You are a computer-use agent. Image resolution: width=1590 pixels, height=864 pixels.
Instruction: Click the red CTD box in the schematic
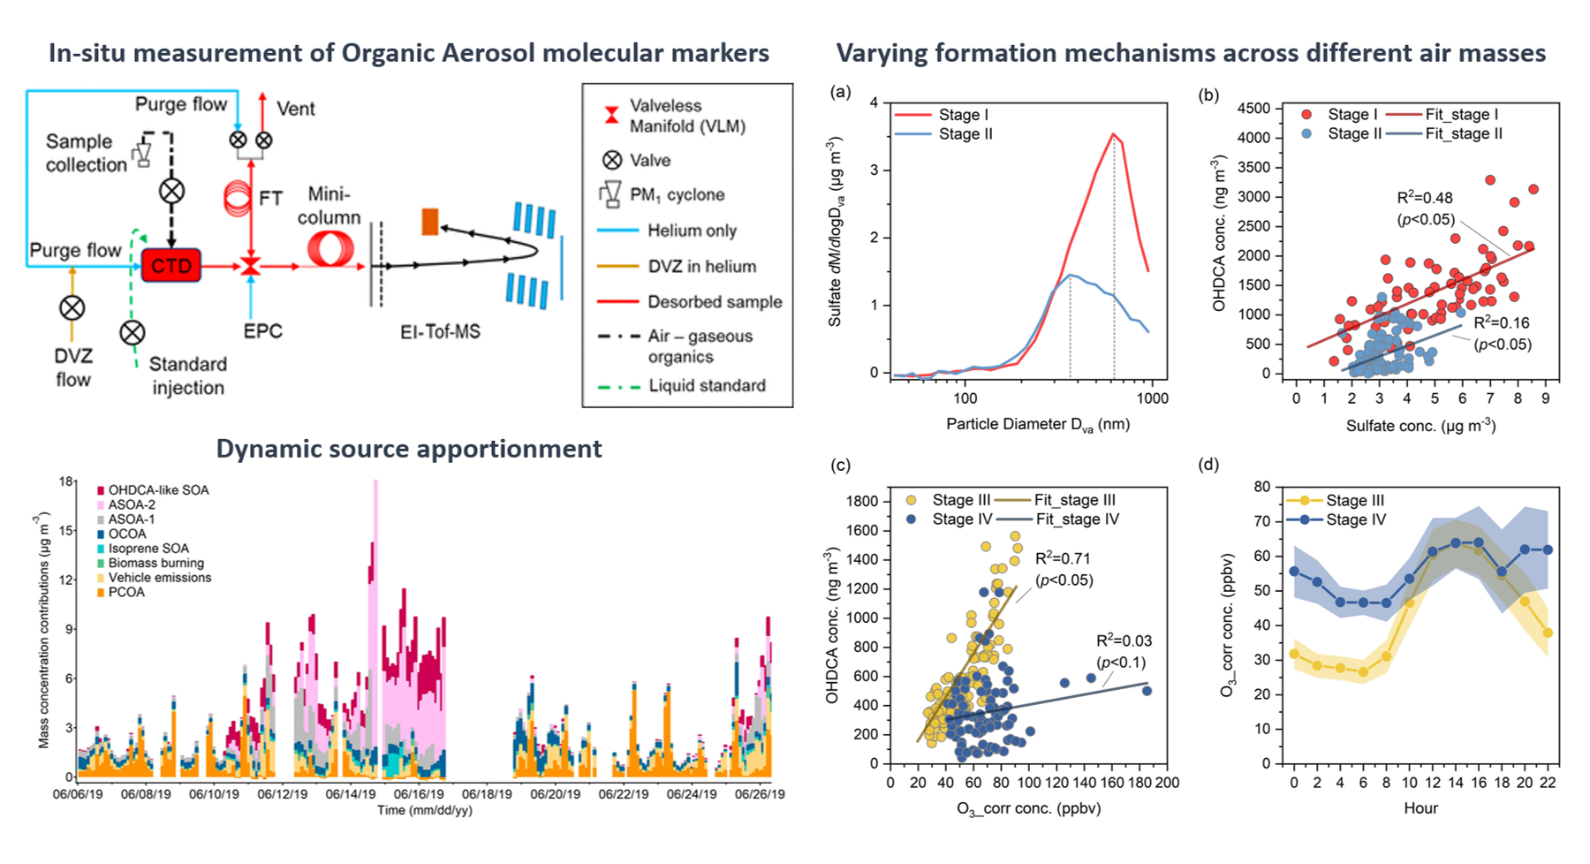click(x=171, y=265)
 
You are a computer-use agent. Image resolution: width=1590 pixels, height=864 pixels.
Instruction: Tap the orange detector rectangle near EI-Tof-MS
click(x=430, y=222)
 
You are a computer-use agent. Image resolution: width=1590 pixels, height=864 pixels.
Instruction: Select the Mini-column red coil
click(x=330, y=248)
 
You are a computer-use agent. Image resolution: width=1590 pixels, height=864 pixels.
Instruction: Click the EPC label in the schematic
click(x=263, y=331)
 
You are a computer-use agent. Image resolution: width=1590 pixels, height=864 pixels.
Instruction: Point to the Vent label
click(x=296, y=109)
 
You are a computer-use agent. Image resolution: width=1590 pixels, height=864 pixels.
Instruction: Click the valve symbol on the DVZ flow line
click(x=72, y=308)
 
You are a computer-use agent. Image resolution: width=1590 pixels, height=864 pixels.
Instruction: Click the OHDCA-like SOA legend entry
click(x=153, y=490)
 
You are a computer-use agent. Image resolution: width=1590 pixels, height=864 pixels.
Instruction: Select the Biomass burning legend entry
click(x=150, y=563)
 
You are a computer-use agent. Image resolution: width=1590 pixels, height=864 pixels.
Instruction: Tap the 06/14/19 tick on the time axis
click(x=351, y=794)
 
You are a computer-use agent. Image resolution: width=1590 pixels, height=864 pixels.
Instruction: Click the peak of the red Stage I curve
click(x=1114, y=134)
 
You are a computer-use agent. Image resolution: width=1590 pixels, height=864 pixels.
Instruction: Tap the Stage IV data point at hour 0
click(x=1294, y=572)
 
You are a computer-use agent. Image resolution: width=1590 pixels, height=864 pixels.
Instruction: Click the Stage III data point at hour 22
click(x=1548, y=633)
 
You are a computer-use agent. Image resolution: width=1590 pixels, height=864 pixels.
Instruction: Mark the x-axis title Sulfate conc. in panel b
click(x=1420, y=426)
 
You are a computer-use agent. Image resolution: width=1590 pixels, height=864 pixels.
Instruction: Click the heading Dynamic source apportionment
click(x=409, y=449)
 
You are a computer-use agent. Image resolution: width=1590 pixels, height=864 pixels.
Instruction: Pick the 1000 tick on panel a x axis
click(x=1152, y=398)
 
